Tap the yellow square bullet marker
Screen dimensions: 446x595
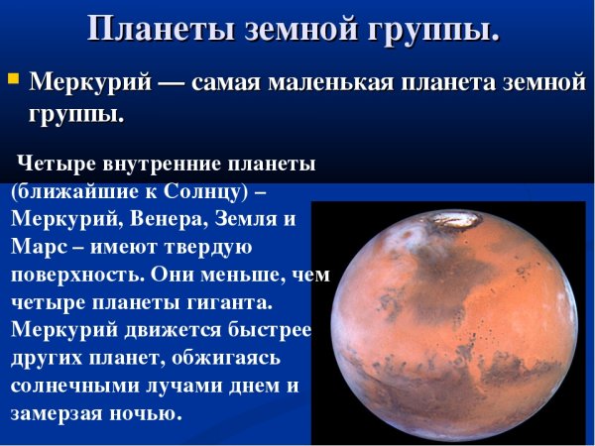click(13, 76)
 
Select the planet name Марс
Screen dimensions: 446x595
click(40, 246)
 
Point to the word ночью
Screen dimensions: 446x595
click(150, 410)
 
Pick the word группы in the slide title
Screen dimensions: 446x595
click(439, 29)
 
